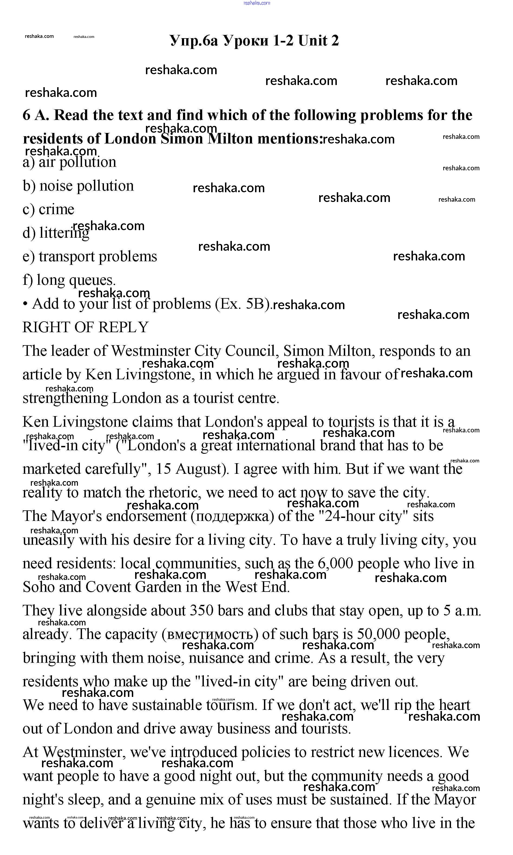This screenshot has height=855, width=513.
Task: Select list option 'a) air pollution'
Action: point(70,162)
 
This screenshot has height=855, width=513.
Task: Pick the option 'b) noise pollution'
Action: point(78,186)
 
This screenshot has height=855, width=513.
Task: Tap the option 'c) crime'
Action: point(48,209)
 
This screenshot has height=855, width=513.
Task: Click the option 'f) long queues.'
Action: point(69,280)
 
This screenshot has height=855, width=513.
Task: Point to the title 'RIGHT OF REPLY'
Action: point(85,327)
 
